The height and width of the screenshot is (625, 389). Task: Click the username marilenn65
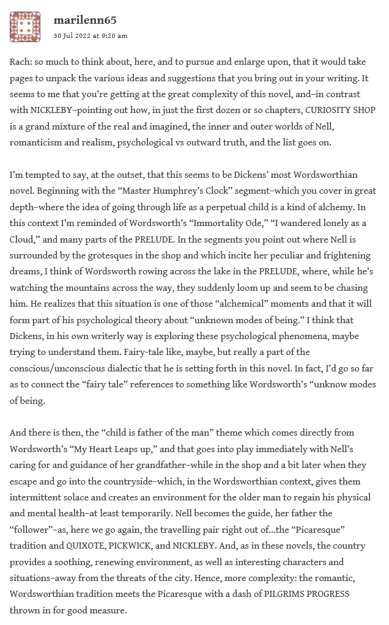click(86, 21)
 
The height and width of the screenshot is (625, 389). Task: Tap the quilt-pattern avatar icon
click(25, 27)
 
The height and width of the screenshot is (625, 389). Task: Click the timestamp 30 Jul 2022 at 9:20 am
click(91, 35)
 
